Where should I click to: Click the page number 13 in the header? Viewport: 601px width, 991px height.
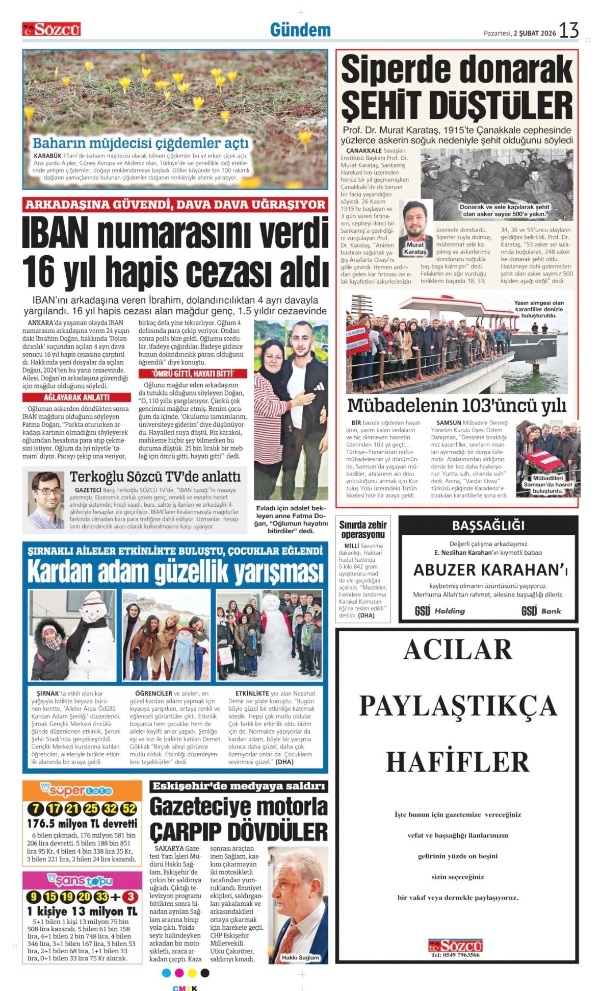[569, 31]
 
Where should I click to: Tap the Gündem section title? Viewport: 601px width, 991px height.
[300, 30]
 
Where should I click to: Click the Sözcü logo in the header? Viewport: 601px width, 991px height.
[51, 30]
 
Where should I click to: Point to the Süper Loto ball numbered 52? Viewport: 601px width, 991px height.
[129, 809]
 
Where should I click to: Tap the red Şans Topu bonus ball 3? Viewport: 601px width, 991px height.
[130, 897]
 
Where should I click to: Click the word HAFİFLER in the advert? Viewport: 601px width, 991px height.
[458, 762]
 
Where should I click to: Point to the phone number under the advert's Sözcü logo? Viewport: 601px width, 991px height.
[455, 955]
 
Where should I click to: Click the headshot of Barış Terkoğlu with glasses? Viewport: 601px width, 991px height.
[46, 500]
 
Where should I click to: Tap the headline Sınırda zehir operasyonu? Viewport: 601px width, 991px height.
[363, 529]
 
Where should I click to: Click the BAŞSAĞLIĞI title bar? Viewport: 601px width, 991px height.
[488, 525]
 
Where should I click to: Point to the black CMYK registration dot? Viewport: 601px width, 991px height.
[205, 973]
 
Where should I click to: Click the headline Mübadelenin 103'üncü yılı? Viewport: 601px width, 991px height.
[456, 406]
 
